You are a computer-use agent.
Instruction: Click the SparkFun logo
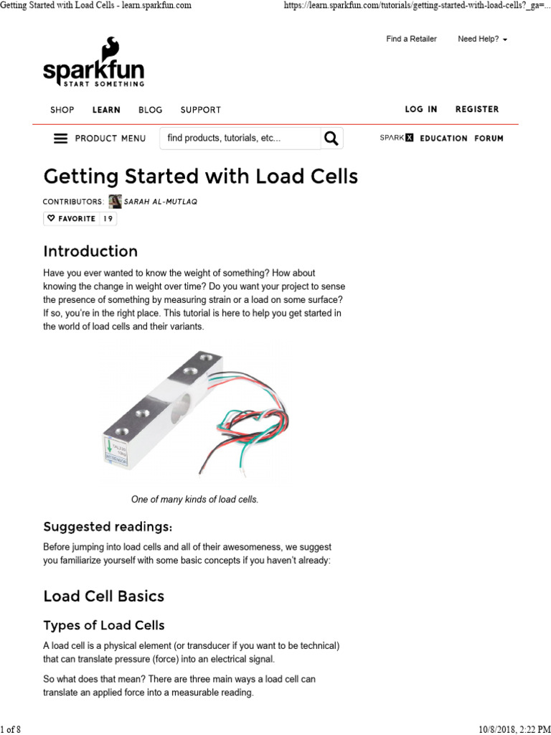click(93, 64)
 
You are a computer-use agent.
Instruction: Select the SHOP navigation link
click(62, 110)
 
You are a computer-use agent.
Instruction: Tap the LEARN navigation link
click(106, 110)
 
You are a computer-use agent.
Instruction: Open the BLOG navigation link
click(150, 110)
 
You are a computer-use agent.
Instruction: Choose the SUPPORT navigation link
click(200, 110)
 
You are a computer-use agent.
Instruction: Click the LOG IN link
click(420, 109)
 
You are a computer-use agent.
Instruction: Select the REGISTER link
click(476, 109)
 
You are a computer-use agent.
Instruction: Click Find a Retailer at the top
click(411, 39)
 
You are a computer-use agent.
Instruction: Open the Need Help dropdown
click(482, 39)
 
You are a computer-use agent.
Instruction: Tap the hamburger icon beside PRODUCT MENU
click(60, 139)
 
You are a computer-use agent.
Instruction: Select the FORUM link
click(489, 139)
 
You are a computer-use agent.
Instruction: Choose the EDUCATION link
click(443, 139)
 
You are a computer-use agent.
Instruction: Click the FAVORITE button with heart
click(71, 219)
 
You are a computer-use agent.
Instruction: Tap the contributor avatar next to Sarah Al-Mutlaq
click(114, 202)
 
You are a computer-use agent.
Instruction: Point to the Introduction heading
click(90, 251)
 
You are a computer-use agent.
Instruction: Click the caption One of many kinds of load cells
click(194, 500)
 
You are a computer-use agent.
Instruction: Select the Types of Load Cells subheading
click(103, 624)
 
